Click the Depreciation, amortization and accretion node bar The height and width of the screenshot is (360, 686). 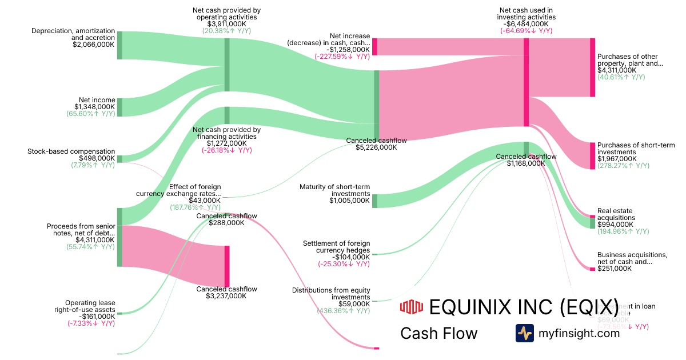click(x=119, y=46)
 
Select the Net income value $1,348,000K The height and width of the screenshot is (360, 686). click(x=94, y=107)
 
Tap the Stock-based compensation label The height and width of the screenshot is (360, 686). click(x=71, y=151)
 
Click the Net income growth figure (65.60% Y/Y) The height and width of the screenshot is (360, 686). click(x=91, y=114)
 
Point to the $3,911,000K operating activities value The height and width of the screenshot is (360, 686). click(x=226, y=24)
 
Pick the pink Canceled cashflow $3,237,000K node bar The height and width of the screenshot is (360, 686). click(x=227, y=266)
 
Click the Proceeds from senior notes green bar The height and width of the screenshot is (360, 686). click(x=119, y=237)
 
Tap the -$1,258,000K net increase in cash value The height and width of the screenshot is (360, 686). click(x=345, y=49)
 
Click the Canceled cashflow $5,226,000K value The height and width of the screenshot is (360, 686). click(x=371, y=147)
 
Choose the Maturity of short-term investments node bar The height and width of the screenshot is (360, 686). click(x=375, y=201)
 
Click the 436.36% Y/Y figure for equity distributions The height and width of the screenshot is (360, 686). click(x=343, y=311)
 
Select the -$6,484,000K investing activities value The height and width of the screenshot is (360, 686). click(x=526, y=24)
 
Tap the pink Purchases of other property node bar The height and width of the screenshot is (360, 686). click(x=592, y=67)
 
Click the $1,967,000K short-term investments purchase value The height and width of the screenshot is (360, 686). click(x=617, y=159)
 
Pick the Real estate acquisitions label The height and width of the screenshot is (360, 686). click(x=616, y=214)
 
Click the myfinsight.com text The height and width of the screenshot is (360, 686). click(x=579, y=333)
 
